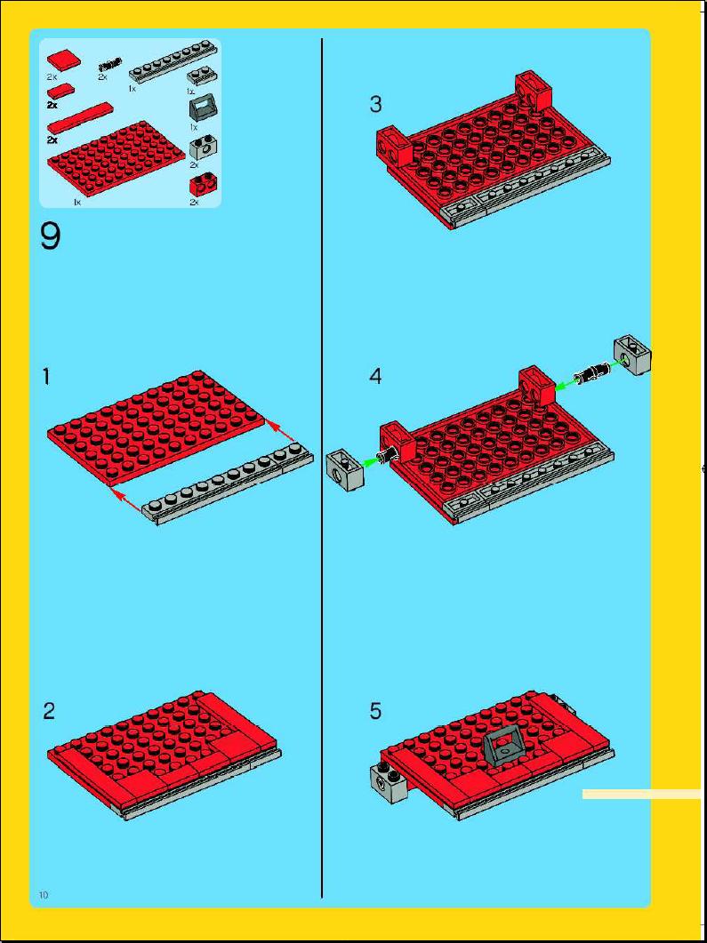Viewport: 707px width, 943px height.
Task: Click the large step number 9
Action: [x=51, y=236]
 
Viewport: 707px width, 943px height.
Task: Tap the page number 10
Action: [x=44, y=894]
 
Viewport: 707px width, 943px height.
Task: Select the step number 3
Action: [x=375, y=105]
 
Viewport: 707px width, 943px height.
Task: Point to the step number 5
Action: [x=375, y=711]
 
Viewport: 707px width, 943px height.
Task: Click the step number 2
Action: [x=49, y=711]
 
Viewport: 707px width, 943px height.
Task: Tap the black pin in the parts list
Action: [x=109, y=63]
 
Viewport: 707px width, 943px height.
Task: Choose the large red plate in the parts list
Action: [x=116, y=159]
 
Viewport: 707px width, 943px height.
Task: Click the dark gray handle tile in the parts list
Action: [x=204, y=111]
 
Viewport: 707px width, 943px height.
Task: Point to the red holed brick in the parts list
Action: [x=204, y=185]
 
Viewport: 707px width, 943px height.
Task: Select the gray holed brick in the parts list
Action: [x=204, y=148]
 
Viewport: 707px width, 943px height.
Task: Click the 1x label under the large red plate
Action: [x=76, y=203]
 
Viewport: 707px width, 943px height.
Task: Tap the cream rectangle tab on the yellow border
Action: [x=641, y=795]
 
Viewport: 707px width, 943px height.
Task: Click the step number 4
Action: [x=375, y=377]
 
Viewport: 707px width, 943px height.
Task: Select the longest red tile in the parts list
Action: [x=81, y=117]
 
